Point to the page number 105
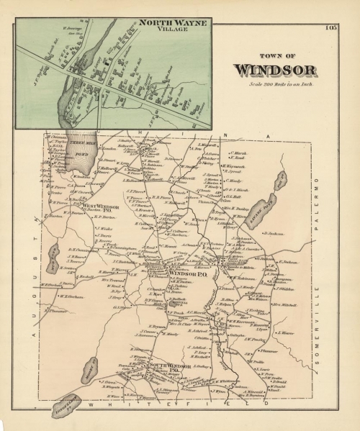[x=330, y=28]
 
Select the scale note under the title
[x=274, y=86]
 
